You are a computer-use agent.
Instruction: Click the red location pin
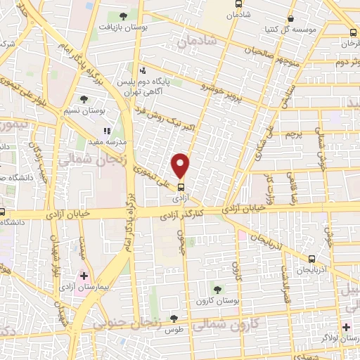click(181, 165)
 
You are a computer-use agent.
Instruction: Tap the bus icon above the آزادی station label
click(181, 188)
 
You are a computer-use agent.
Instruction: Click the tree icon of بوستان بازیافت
click(124, 16)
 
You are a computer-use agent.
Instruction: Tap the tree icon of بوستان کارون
click(217, 288)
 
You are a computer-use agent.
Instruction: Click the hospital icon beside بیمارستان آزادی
click(84, 275)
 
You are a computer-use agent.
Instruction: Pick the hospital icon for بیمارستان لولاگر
click(346, 327)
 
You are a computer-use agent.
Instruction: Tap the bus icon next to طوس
click(174, 319)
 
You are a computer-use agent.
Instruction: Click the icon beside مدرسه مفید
click(108, 130)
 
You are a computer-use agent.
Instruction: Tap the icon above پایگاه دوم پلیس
click(143, 70)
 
